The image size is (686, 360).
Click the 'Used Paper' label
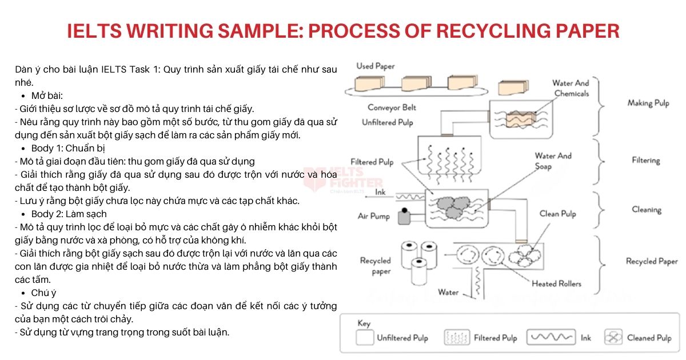(x=375, y=66)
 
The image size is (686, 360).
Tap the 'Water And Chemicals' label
(x=571, y=88)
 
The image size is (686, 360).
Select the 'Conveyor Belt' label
(x=392, y=107)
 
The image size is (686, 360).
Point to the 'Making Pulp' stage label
(x=648, y=103)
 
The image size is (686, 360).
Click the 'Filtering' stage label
(x=645, y=161)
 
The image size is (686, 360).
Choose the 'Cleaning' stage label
(x=646, y=210)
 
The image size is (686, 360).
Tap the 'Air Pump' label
(x=373, y=216)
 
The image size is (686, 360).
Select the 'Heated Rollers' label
(x=556, y=283)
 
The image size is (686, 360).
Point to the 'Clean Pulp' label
(x=557, y=214)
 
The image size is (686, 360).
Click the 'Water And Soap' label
(x=553, y=161)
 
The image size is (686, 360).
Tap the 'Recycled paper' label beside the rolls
(x=375, y=266)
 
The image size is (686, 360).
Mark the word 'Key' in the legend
(x=364, y=323)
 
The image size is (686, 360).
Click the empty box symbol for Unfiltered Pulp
(x=364, y=338)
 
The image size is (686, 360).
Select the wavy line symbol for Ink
(x=551, y=338)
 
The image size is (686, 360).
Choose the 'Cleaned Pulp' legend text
(x=649, y=338)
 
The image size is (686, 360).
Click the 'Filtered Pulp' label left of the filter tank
(x=372, y=162)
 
